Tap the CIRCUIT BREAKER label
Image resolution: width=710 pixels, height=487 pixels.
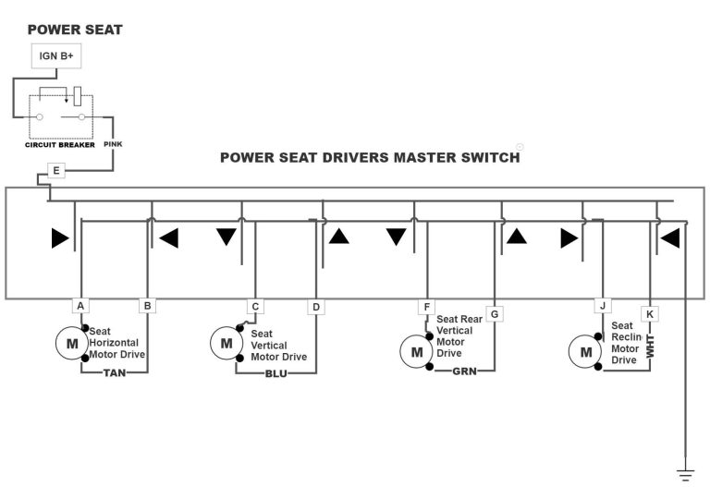[x=59, y=145]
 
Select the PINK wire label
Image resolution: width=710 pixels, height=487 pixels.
[x=113, y=144]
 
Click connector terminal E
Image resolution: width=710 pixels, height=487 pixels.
[x=56, y=171]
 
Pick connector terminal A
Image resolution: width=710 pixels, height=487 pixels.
[x=80, y=305]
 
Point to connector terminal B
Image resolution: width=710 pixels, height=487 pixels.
[x=147, y=305]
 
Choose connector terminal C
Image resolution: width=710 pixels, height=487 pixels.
[x=255, y=306]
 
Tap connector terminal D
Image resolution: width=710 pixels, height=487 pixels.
[x=316, y=306]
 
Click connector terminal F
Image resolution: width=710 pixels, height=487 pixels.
[x=426, y=306]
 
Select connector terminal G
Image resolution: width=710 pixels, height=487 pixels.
[x=495, y=314]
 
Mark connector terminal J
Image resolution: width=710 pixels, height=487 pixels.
[x=602, y=306]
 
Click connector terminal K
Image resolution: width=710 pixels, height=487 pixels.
[x=650, y=314]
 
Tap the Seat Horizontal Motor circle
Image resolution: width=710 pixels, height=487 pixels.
[x=71, y=344]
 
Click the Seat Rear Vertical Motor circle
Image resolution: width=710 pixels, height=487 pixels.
[x=416, y=351]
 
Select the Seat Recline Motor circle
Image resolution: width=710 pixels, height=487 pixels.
[x=584, y=351]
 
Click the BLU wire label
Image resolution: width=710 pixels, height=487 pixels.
[x=275, y=373]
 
